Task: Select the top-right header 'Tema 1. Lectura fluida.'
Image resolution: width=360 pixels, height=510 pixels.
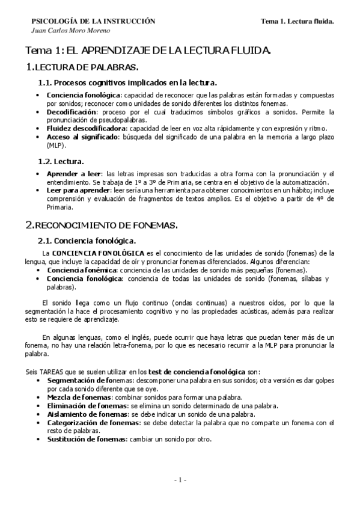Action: click(297, 21)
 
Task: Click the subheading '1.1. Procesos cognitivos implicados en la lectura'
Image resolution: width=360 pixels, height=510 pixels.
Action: click(127, 82)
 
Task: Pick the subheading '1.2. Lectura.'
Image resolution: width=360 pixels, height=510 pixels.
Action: click(61, 161)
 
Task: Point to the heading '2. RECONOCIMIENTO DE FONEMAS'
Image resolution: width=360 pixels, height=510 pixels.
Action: click(102, 225)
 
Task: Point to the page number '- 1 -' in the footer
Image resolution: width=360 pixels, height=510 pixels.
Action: click(180, 479)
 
